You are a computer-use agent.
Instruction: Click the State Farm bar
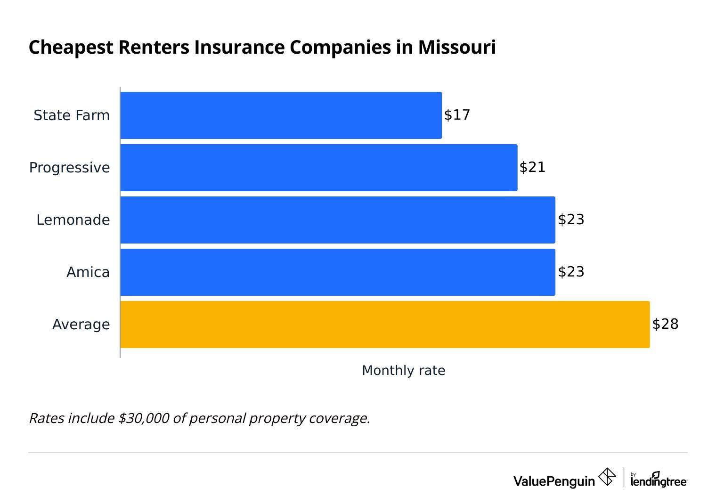(x=281, y=115)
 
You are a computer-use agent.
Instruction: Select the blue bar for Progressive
(x=318, y=168)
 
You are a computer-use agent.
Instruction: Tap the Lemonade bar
(x=337, y=220)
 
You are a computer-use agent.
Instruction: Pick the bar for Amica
(x=337, y=272)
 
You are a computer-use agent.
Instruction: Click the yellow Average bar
(x=384, y=325)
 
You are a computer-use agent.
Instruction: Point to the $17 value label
(x=457, y=115)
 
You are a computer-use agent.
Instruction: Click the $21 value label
(x=532, y=167)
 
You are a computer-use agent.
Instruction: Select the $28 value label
(x=665, y=324)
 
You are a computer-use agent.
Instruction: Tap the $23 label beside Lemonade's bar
(x=571, y=219)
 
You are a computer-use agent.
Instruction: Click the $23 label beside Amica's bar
(x=571, y=272)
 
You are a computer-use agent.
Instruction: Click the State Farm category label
(x=72, y=115)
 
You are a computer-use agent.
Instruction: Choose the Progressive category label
(x=69, y=168)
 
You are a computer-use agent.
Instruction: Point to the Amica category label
(x=88, y=272)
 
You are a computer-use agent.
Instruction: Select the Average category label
(x=81, y=325)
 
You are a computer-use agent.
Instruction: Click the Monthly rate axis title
(x=403, y=371)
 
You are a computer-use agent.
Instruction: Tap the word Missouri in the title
(x=456, y=48)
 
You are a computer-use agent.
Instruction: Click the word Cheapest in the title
(x=71, y=48)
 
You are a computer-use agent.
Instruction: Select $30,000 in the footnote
(x=144, y=418)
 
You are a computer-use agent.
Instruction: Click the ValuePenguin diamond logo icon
(x=607, y=477)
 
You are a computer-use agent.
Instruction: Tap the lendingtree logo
(x=659, y=480)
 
